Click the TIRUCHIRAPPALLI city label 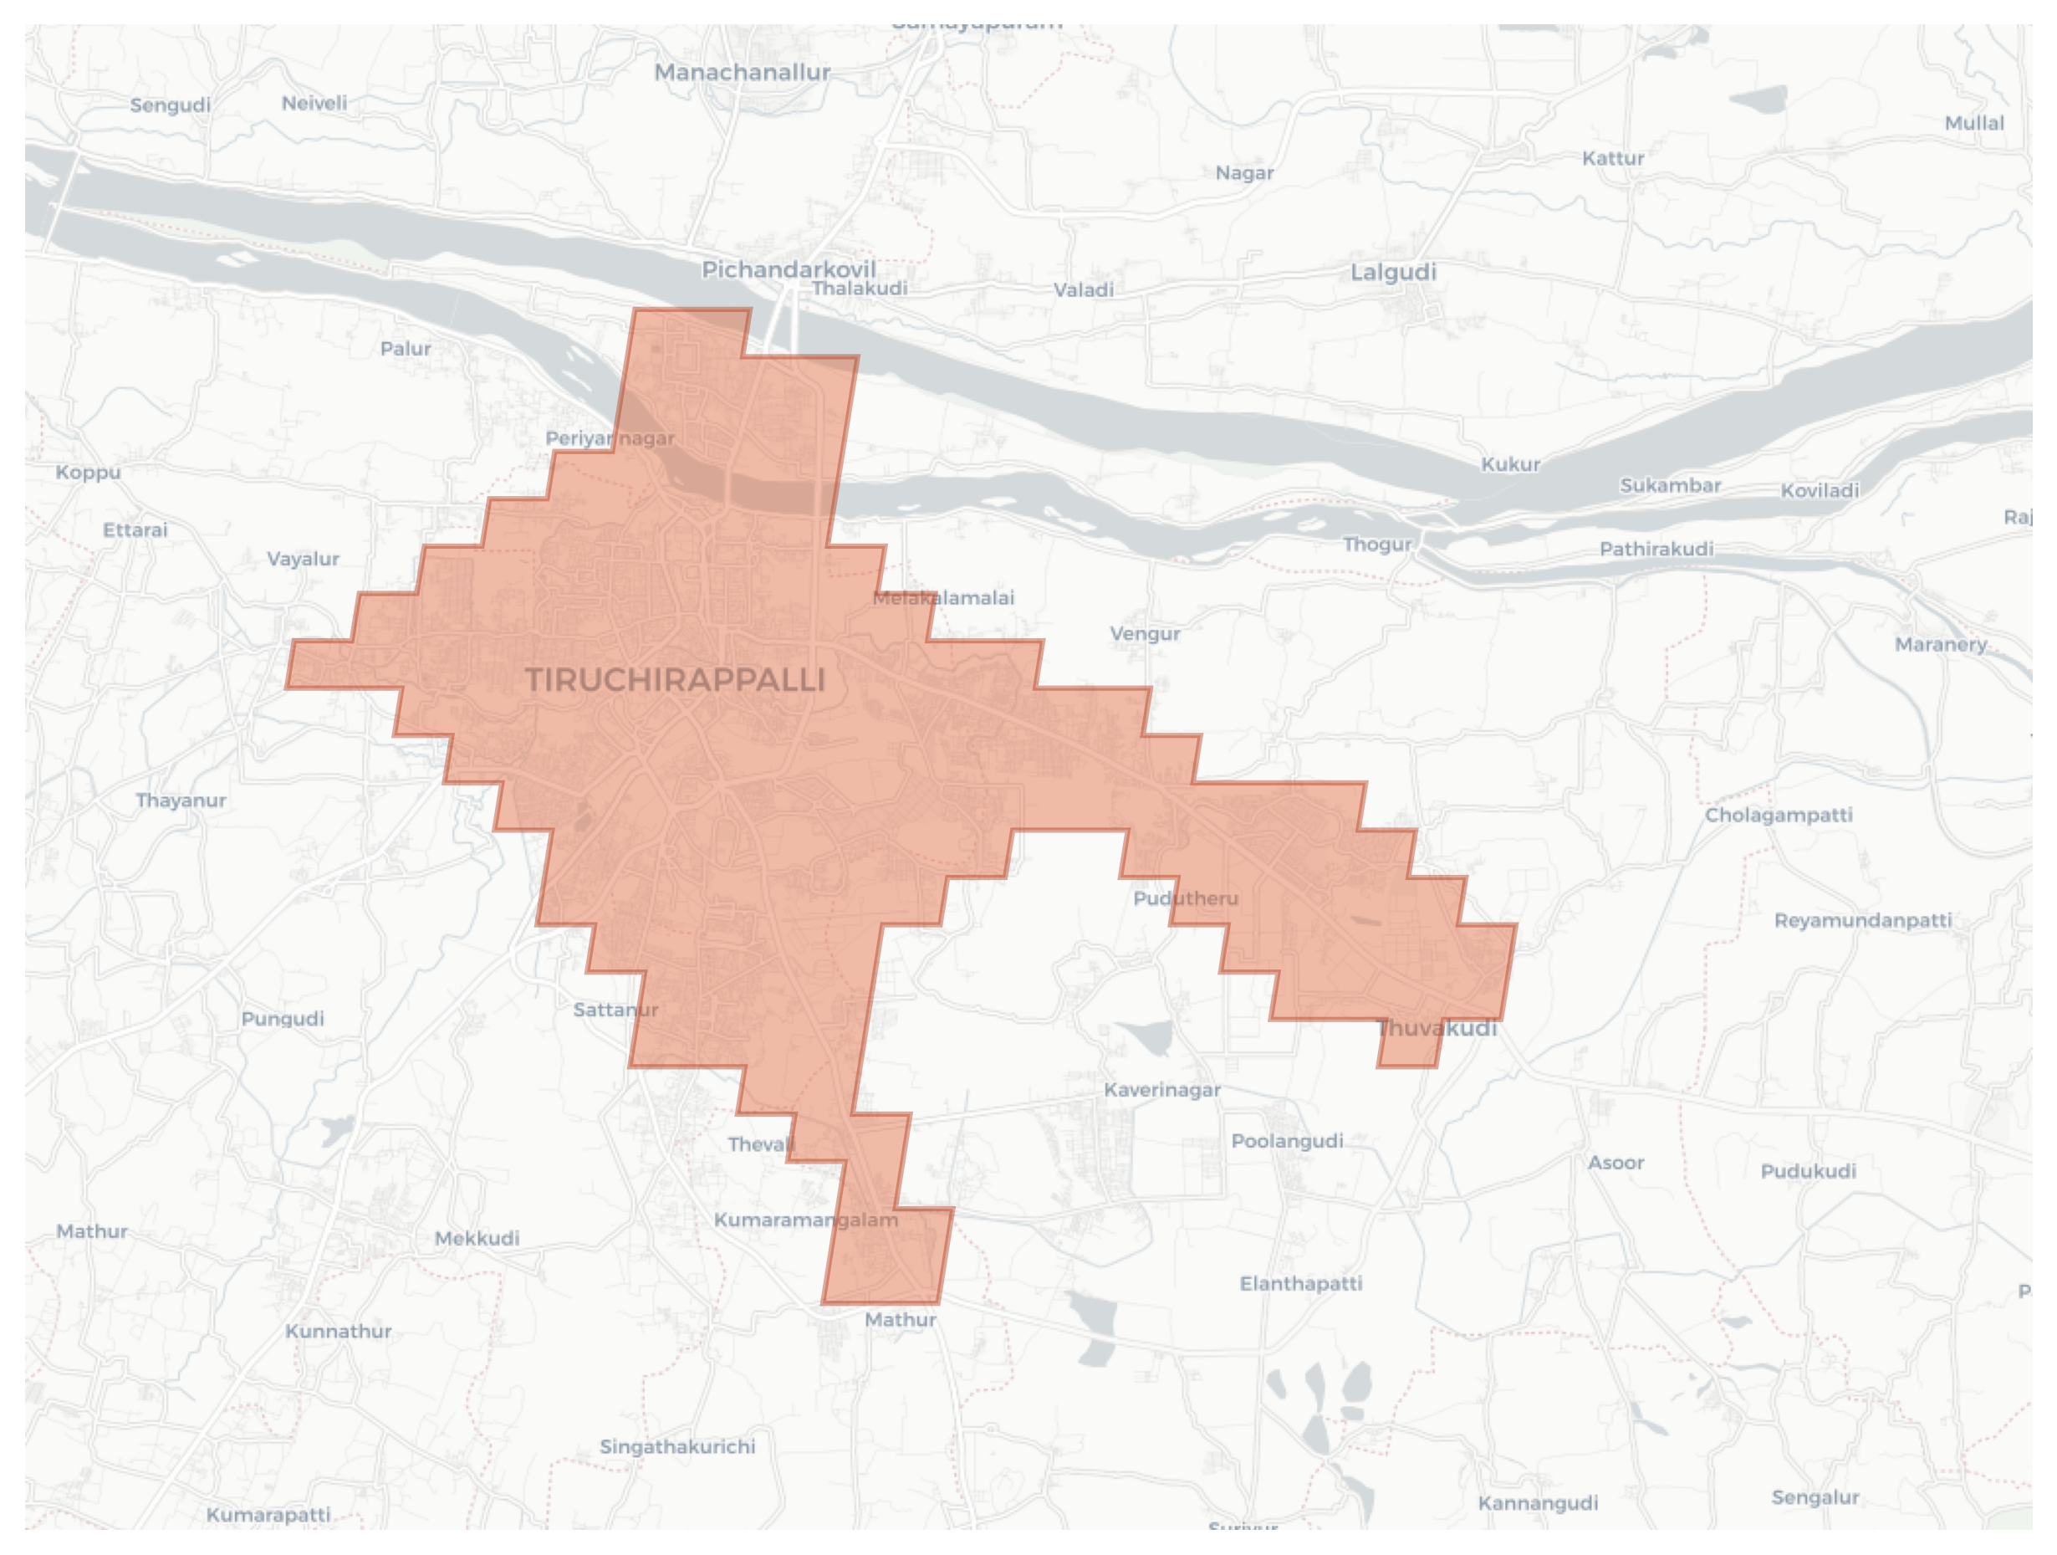[675, 680]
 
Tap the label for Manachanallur [742, 72]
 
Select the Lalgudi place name [1393, 272]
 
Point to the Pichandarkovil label [789, 269]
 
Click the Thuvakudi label [1437, 1028]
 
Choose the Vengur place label [1145, 633]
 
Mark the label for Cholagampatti [1778, 815]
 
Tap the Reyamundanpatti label [1863, 920]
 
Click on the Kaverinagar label [1161, 1089]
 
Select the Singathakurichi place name [677, 1446]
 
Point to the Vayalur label [304, 558]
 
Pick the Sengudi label [171, 105]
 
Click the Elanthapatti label [1300, 1283]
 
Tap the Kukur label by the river [1510, 464]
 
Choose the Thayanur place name [181, 800]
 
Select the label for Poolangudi [1287, 1140]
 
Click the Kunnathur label [339, 1331]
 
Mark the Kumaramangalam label [805, 1220]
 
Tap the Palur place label [406, 348]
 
